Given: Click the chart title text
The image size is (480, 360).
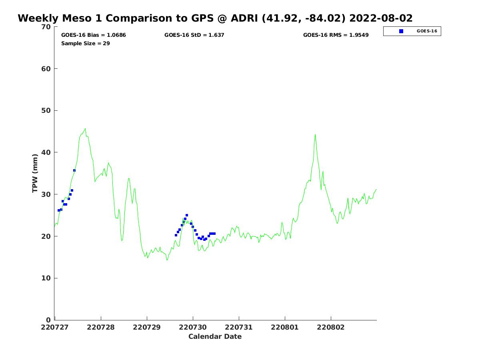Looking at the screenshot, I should coord(215,18).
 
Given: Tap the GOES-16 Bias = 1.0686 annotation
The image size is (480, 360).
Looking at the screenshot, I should coord(94,35).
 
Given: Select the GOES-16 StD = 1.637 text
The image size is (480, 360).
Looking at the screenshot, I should coord(194,35).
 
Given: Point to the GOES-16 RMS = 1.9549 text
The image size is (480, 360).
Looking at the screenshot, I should coord(336,35).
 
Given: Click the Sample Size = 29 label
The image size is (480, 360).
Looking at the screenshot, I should coord(86,44).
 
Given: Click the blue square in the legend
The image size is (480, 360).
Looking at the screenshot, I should coord(401,31).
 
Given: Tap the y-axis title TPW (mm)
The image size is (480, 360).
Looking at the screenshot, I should coord(35,173).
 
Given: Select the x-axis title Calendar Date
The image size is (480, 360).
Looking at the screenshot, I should coord(215,337).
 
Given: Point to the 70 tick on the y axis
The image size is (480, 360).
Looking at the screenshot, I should coord(46,27).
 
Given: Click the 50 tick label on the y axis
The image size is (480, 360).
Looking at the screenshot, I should coord(46,111).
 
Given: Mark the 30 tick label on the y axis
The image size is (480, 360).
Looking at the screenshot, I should coord(46,194).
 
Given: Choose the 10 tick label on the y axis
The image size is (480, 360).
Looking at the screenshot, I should coord(46,278).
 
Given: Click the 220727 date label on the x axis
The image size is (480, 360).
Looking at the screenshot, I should coord(55,327).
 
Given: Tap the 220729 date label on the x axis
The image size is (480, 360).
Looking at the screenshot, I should coord(147,327).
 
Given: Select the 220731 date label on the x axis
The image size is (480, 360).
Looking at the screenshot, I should coord(239,327).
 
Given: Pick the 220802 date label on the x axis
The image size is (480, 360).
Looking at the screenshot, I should coord(331,327).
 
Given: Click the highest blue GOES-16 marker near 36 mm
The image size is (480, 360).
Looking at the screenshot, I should coord(74,170).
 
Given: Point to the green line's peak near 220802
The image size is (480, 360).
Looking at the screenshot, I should coord(315,134).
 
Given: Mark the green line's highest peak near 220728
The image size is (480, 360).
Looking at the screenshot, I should coord(85,128).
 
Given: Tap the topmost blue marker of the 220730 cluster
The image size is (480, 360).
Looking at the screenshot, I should coord(187,215).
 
